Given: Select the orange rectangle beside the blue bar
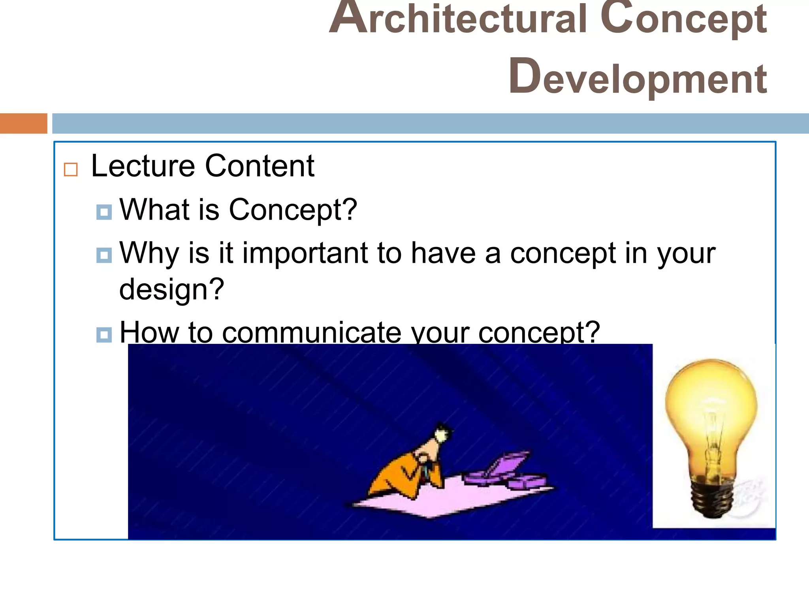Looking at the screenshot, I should point(23,123).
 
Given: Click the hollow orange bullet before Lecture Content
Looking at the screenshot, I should point(71,170).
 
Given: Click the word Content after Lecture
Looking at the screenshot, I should point(260,166).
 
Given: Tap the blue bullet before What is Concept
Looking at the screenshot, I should point(104,212).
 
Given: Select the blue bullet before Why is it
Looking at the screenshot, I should point(104,255).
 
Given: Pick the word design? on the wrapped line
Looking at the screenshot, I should point(171,289).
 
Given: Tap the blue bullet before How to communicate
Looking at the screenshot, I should point(104,335).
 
